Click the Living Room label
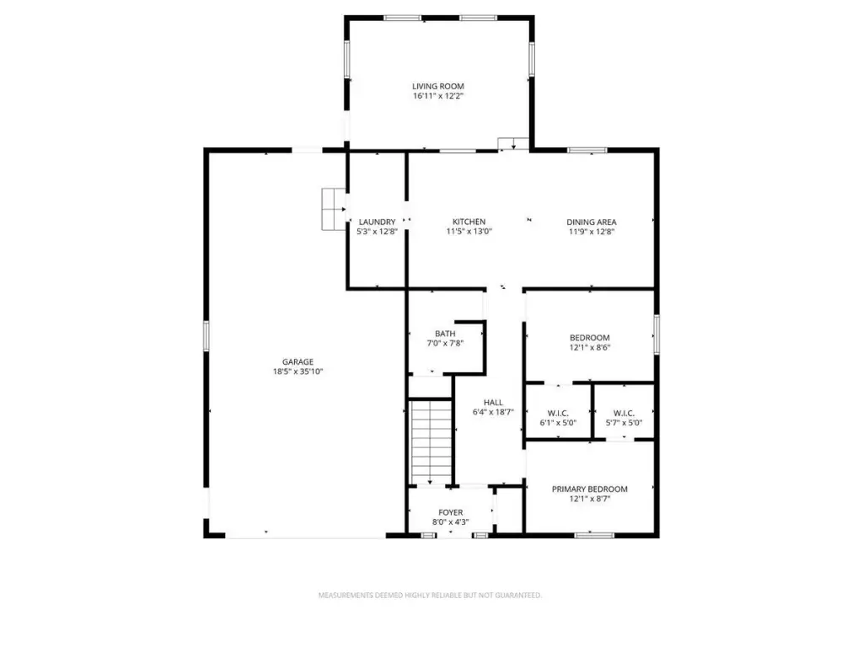click(438, 87)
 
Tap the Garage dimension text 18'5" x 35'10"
click(297, 372)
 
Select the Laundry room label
click(377, 222)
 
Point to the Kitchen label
click(469, 222)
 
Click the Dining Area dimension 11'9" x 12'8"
click(592, 233)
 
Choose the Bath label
click(445, 334)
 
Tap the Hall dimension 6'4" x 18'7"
click(493, 412)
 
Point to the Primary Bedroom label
click(589, 489)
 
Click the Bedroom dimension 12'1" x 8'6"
click(590, 348)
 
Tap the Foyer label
click(451, 513)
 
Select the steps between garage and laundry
click(334, 209)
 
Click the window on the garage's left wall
click(206, 336)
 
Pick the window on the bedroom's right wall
click(656, 334)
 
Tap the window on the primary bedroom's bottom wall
click(594, 535)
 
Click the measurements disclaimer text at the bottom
click(430, 596)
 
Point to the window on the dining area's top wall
click(587, 150)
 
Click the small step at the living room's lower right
click(513, 143)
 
